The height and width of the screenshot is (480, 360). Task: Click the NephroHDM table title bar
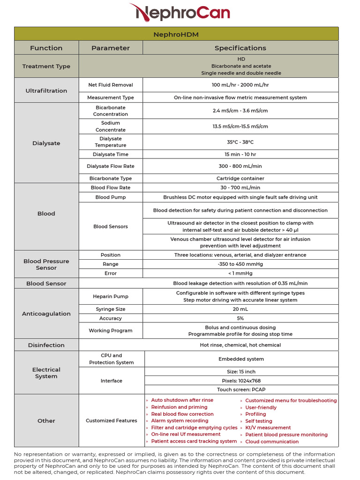click(176, 34)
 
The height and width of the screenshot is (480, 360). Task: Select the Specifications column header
click(240, 48)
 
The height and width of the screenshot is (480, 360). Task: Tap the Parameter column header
click(111, 48)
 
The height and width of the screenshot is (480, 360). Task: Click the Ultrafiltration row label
click(46, 91)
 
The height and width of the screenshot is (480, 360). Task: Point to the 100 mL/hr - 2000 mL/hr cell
click(240, 85)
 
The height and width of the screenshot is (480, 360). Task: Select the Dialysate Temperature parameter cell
click(111, 142)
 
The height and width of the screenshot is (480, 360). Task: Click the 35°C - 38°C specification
click(240, 142)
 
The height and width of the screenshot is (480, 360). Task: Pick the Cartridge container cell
click(240, 179)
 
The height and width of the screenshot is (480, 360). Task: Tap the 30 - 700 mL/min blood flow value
click(240, 187)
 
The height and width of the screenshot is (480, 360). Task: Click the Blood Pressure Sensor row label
click(46, 265)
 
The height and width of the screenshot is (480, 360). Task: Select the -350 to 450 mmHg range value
click(240, 264)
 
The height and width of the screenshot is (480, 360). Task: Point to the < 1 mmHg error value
click(240, 273)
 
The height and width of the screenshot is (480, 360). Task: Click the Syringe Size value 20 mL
click(240, 309)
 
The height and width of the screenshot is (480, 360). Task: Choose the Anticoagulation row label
click(46, 314)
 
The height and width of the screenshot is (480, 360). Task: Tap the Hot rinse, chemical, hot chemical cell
click(240, 345)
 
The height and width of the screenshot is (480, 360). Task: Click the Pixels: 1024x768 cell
click(241, 381)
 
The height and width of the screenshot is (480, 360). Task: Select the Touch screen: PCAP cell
click(241, 390)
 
